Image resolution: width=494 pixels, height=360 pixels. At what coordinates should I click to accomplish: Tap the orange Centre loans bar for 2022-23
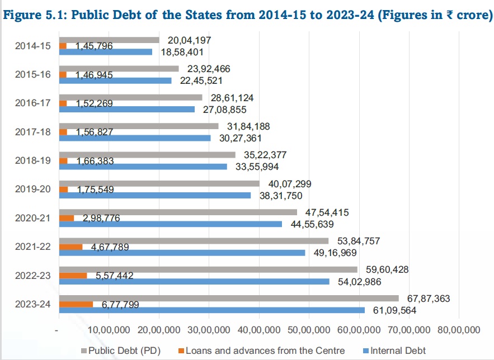pyautogui.click(x=73, y=276)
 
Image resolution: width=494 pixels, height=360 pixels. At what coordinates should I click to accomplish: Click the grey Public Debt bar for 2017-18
pyautogui.click(x=138, y=126)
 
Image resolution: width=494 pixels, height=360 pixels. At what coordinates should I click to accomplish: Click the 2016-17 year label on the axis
pyautogui.click(x=33, y=103)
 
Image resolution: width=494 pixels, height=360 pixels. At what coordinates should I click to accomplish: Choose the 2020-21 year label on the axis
pyautogui.click(x=33, y=217)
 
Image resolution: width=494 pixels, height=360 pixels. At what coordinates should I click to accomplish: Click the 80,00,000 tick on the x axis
pyautogui.click(x=457, y=328)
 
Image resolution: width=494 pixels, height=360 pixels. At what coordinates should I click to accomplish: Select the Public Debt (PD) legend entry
pyautogui.click(x=124, y=350)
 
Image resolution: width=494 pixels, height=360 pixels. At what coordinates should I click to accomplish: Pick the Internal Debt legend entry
pyautogui.click(x=392, y=350)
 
